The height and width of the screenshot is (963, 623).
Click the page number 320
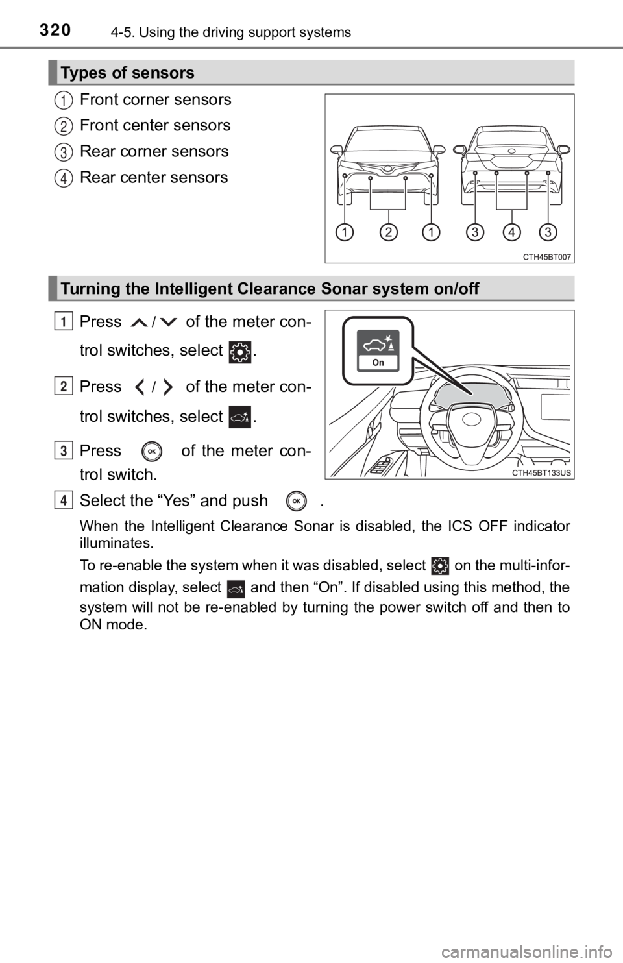click(x=56, y=30)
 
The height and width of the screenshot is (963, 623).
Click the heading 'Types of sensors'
click(x=127, y=73)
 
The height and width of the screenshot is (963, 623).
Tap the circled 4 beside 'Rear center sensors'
click(x=64, y=178)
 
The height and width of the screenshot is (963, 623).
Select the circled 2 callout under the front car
click(x=388, y=232)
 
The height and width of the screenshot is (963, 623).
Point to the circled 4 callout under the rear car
click(x=511, y=232)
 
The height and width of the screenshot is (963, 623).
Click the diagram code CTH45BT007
click(x=547, y=257)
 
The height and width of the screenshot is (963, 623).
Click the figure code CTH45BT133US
click(x=541, y=473)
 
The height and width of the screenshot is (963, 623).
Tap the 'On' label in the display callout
click(x=378, y=362)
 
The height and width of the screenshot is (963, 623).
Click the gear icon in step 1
click(x=240, y=352)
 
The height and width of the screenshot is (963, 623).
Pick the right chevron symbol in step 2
click(x=167, y=387)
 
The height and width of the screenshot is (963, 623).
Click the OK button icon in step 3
click(x=152, y=452)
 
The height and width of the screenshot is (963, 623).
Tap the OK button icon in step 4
click(x=296, y=501)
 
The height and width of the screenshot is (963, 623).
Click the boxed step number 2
click(x=63, y=387)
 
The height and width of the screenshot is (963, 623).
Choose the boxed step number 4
click(x=63, y=500)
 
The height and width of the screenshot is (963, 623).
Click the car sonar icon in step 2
click(x=240, y=417)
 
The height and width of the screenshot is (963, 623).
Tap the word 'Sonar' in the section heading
click(x=343, y=289)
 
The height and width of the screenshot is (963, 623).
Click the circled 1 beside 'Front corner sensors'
click(x=64, y=100)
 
